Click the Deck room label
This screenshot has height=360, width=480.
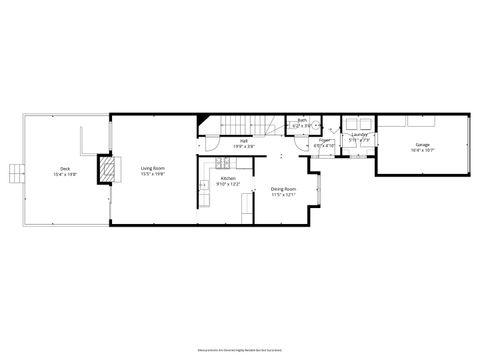tap(65, 168)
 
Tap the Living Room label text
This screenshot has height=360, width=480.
tap(152, 168)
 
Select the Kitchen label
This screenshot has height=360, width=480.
tap(229, 179)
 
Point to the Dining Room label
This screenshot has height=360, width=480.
tap(284, 189)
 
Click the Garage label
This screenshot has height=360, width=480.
tap(423, 145)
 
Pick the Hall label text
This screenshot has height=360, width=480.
tap(237, 141)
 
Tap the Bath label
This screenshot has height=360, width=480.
tap(302, 120)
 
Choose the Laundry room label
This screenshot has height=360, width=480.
tap(359, 134)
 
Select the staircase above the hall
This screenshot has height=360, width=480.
tap(259, 124)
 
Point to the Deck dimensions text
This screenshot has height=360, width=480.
tap(65, 174)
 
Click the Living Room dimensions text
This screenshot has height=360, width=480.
tap(152, 174)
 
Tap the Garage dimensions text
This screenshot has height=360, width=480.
tap(423, 151)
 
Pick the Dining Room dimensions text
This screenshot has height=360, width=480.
tap(284, 195)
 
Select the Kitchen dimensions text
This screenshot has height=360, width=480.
tap(229, 185)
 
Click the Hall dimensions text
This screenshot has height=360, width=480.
tap(237, 147)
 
